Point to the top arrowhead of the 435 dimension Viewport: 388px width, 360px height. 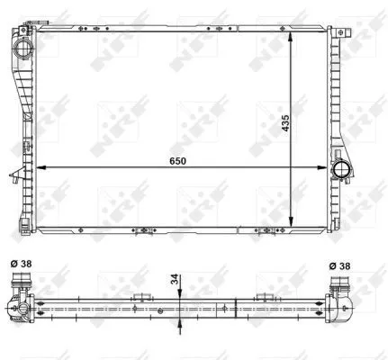[x=290, y=36]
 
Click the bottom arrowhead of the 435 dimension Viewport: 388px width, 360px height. [x=290, y=212]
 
